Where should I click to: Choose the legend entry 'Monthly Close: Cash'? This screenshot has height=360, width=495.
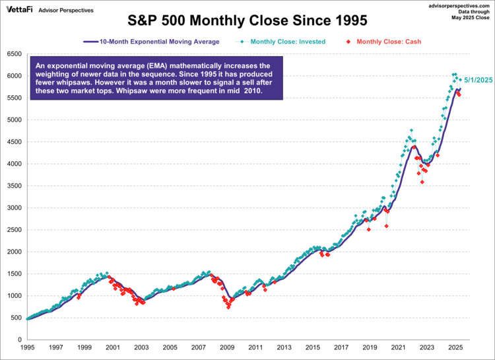pos(386,42)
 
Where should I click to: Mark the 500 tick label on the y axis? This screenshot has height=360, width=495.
pos(15,318)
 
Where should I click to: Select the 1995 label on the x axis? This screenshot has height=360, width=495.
pos(28,347)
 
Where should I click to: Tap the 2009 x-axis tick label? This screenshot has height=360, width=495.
pos(227,347)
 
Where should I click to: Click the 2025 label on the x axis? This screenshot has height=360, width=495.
pos(455,347)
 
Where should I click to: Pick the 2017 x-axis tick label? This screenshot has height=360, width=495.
pos(341,347)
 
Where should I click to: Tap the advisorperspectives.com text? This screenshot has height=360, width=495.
pos(461,5)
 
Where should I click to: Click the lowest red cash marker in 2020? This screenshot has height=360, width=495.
pos(386,226)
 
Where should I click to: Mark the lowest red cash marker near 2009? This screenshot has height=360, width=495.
pos(228,307)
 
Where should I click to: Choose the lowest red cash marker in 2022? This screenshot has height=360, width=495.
pos(422,182)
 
